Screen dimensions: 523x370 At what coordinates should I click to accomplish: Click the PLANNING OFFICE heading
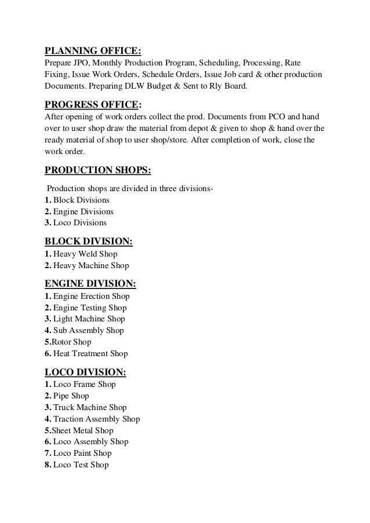click(x=93, y=49)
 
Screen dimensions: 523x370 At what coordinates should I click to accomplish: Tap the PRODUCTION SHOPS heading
click(x=99, y=170)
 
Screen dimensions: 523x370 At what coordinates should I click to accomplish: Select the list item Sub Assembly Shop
click(x=84, y=331)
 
